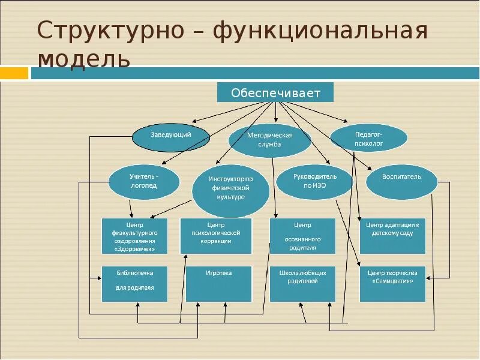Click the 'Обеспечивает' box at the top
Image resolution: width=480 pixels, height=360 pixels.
pyautogui.click(x=275, y=92)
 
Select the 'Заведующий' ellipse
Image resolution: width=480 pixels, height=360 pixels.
pyautogui.click(x=171, y=136)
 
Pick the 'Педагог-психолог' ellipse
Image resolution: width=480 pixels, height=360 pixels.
pyautogui.click(x=369, y=139)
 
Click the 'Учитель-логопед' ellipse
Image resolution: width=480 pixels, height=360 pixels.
pyautogui.click(x=144, y=181)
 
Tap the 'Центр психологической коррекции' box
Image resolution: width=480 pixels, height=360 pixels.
pyautogui.click(x=216, y=235)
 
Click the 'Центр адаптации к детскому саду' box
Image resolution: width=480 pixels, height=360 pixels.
pyautogui.click(x=392, y=235)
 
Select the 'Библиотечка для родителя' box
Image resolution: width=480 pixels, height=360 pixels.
pyautogui.click(x=134, y=283)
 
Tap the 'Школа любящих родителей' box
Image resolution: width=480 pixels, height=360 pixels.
pyautogui.click(x=302, y=283)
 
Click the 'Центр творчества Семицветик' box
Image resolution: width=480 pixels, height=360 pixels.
pyautogui.click(x=392, y=283)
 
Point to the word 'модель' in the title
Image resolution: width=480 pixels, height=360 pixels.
pyautogui.click(x=83, y=59)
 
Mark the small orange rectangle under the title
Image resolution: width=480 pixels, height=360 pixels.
pyautogui.click(x=14, y=73)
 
